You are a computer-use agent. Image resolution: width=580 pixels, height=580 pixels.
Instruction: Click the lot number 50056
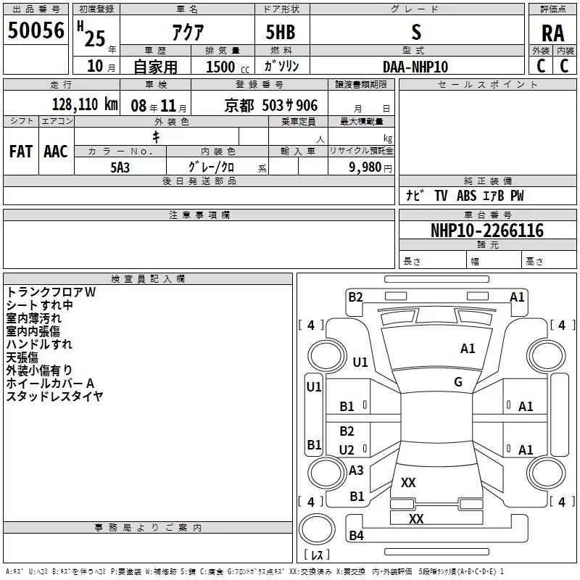pyautogui.click(x=36, y=31)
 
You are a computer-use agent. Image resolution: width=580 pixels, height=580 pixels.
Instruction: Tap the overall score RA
pyautogui.click(x=552, y=33)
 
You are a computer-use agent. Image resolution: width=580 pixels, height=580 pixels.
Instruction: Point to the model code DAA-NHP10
pyautogui.click(x=415, y=67)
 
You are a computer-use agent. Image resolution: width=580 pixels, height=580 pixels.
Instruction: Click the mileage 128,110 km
pyautogui.click(x=85, y=104)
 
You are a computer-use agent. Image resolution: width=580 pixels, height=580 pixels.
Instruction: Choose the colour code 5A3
pyautogui.click(x=120, y=166)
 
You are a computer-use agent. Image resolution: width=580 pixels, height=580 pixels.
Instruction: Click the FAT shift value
pyautogui.click(x=21, y=151)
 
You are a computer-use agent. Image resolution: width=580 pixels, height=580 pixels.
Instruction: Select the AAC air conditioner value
pyautogui.click(x=55, y=151)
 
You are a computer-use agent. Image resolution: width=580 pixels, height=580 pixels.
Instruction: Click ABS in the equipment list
pyautogui.click(x=466, y=196)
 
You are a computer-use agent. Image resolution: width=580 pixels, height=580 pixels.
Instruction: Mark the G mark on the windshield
pyautogui.click(x=458, y=382)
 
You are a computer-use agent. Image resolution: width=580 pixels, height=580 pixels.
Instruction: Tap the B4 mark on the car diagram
pyautogui.click(x=356, y=536)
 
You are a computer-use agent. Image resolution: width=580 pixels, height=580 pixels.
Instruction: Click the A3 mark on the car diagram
pyautogui.click(x=356, y=471)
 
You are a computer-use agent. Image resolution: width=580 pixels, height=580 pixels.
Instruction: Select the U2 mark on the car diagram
pyautogui.click(x=347, y=450)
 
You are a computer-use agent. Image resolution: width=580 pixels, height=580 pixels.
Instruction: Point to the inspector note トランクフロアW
pyautogui.click(x=51, y=292)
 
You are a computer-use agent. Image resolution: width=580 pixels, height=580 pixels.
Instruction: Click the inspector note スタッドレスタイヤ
pyautogui.click(x=54, y=397)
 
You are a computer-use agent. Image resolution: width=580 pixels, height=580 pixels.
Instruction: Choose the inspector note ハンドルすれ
pyautogui.click(x=39, y=344)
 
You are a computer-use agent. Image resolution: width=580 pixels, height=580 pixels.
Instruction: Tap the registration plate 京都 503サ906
pyautogui.click(x=270, y=106)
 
